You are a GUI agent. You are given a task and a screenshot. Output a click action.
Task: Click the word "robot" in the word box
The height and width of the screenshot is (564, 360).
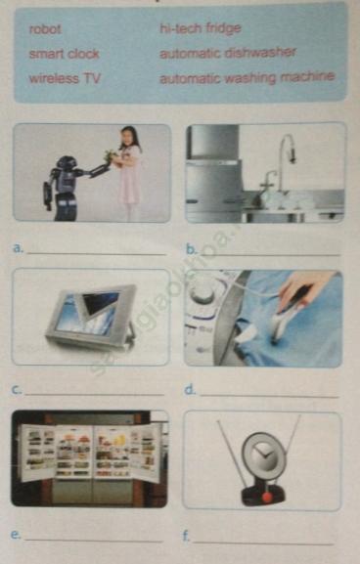45,29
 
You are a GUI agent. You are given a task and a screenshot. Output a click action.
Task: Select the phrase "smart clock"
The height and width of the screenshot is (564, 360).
65,54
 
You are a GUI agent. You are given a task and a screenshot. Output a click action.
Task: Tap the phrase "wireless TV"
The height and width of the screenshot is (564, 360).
65,78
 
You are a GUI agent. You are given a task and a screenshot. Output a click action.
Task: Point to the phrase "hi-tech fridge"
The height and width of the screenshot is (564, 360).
201,28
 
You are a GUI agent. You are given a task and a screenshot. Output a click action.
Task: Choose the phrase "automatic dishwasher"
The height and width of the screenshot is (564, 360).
228,53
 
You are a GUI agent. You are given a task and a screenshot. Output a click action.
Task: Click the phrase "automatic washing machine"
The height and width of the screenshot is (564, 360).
247,77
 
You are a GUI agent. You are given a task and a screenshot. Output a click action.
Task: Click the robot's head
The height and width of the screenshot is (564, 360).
67,163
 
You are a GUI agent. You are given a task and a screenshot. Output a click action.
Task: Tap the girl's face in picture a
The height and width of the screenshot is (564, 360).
127,137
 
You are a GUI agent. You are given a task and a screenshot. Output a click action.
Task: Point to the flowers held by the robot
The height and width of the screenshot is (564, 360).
111,155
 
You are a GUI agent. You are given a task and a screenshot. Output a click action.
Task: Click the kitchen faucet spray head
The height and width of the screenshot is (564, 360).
292,154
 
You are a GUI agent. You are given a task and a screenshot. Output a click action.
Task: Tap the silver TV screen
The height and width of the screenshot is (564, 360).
91,312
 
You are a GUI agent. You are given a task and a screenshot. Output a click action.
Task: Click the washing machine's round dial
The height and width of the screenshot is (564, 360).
202,290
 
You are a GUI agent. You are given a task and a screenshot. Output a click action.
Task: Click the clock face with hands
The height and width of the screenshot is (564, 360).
263,455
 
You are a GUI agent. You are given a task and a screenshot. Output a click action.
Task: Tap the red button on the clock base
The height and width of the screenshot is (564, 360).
267,498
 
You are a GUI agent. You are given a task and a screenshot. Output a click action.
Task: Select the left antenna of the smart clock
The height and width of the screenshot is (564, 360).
232,455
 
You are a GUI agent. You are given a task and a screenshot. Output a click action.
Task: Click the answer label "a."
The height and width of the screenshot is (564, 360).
18,248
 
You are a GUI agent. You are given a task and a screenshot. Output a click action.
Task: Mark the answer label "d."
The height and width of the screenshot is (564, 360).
190,390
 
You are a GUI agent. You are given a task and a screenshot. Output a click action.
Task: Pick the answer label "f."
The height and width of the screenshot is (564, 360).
187,536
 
